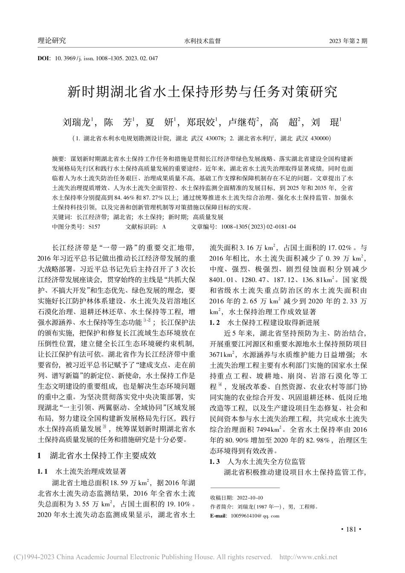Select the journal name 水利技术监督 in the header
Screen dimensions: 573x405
pos(202,41)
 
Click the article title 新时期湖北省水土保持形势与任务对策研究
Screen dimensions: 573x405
pos(202,91)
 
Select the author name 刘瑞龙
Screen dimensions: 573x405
pos(77,123)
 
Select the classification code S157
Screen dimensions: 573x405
pos(94,227)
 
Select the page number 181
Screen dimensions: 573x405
pos(352,530)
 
